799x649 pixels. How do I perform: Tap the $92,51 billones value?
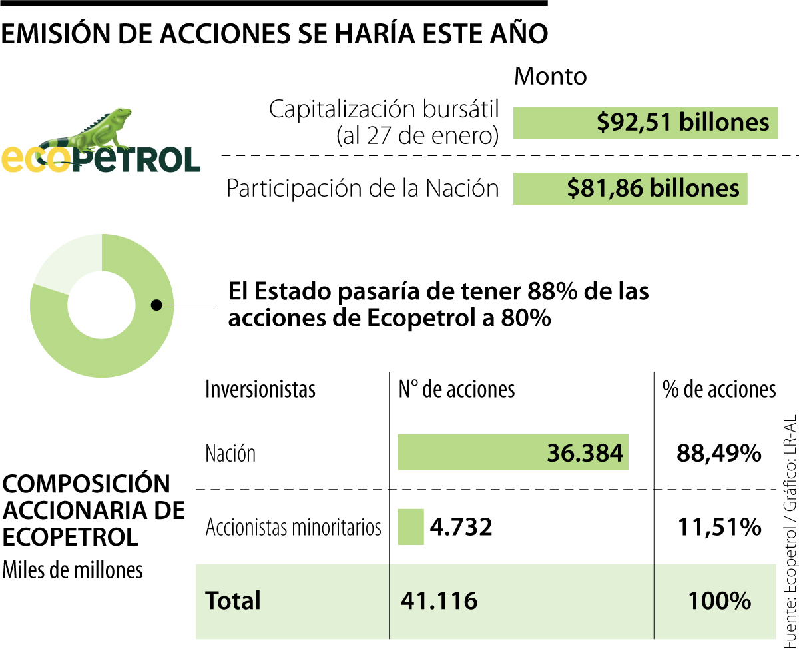(682, 122)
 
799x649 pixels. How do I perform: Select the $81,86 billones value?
(653, 188)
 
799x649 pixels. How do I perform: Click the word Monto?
(551, 77)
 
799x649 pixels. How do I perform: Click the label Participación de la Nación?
(362, 188)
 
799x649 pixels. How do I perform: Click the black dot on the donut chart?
(157, 305)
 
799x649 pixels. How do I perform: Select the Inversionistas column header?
(260, 389)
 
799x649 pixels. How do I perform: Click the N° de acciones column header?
(457, 389)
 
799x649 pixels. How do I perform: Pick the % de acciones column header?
(719, 389)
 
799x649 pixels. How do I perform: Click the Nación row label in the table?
(230, 454)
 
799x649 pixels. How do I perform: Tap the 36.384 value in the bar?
(585, 454)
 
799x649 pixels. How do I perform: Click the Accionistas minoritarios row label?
(294, 527)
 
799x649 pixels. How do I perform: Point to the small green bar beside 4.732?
(411, 526)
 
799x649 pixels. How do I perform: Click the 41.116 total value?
(439, 600)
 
